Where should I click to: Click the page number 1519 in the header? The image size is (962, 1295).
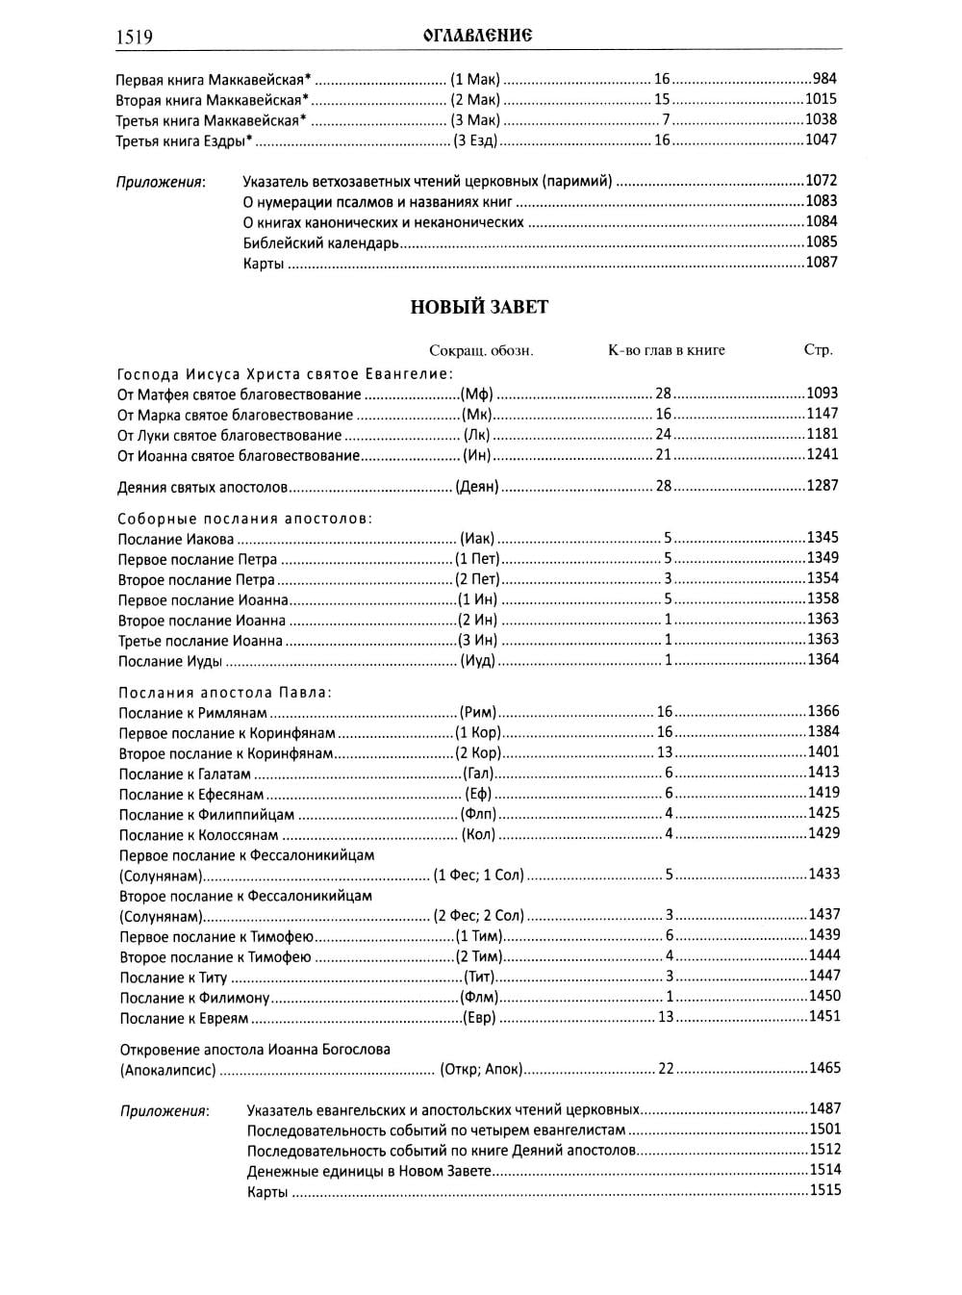[135, 37]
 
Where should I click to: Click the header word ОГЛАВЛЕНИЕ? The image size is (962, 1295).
[478, 36]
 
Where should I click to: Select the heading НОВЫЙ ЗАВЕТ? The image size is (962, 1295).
[479, 307]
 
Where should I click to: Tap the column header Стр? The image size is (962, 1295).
[818, 350]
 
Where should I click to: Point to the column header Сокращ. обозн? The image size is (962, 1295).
[481, 350]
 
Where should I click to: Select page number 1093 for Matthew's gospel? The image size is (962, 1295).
[823, 393]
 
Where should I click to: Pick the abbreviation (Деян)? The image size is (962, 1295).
[477, 487]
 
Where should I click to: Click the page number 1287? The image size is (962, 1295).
[823, 486]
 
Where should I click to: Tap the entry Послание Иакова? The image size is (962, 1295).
[175, 539]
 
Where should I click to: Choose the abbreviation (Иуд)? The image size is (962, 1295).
[477, 661]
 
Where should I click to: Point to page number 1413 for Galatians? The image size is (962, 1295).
[823, 773]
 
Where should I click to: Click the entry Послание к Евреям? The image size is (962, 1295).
[184, 1018]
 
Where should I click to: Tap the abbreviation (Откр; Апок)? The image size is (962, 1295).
[480, 1069]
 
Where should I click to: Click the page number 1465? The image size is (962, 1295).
[824, 1068]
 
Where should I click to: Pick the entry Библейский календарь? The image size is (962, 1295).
[321, 243]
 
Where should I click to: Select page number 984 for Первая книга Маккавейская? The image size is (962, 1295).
[824, 79]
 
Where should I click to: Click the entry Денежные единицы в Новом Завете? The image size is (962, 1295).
[369, 1171]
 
